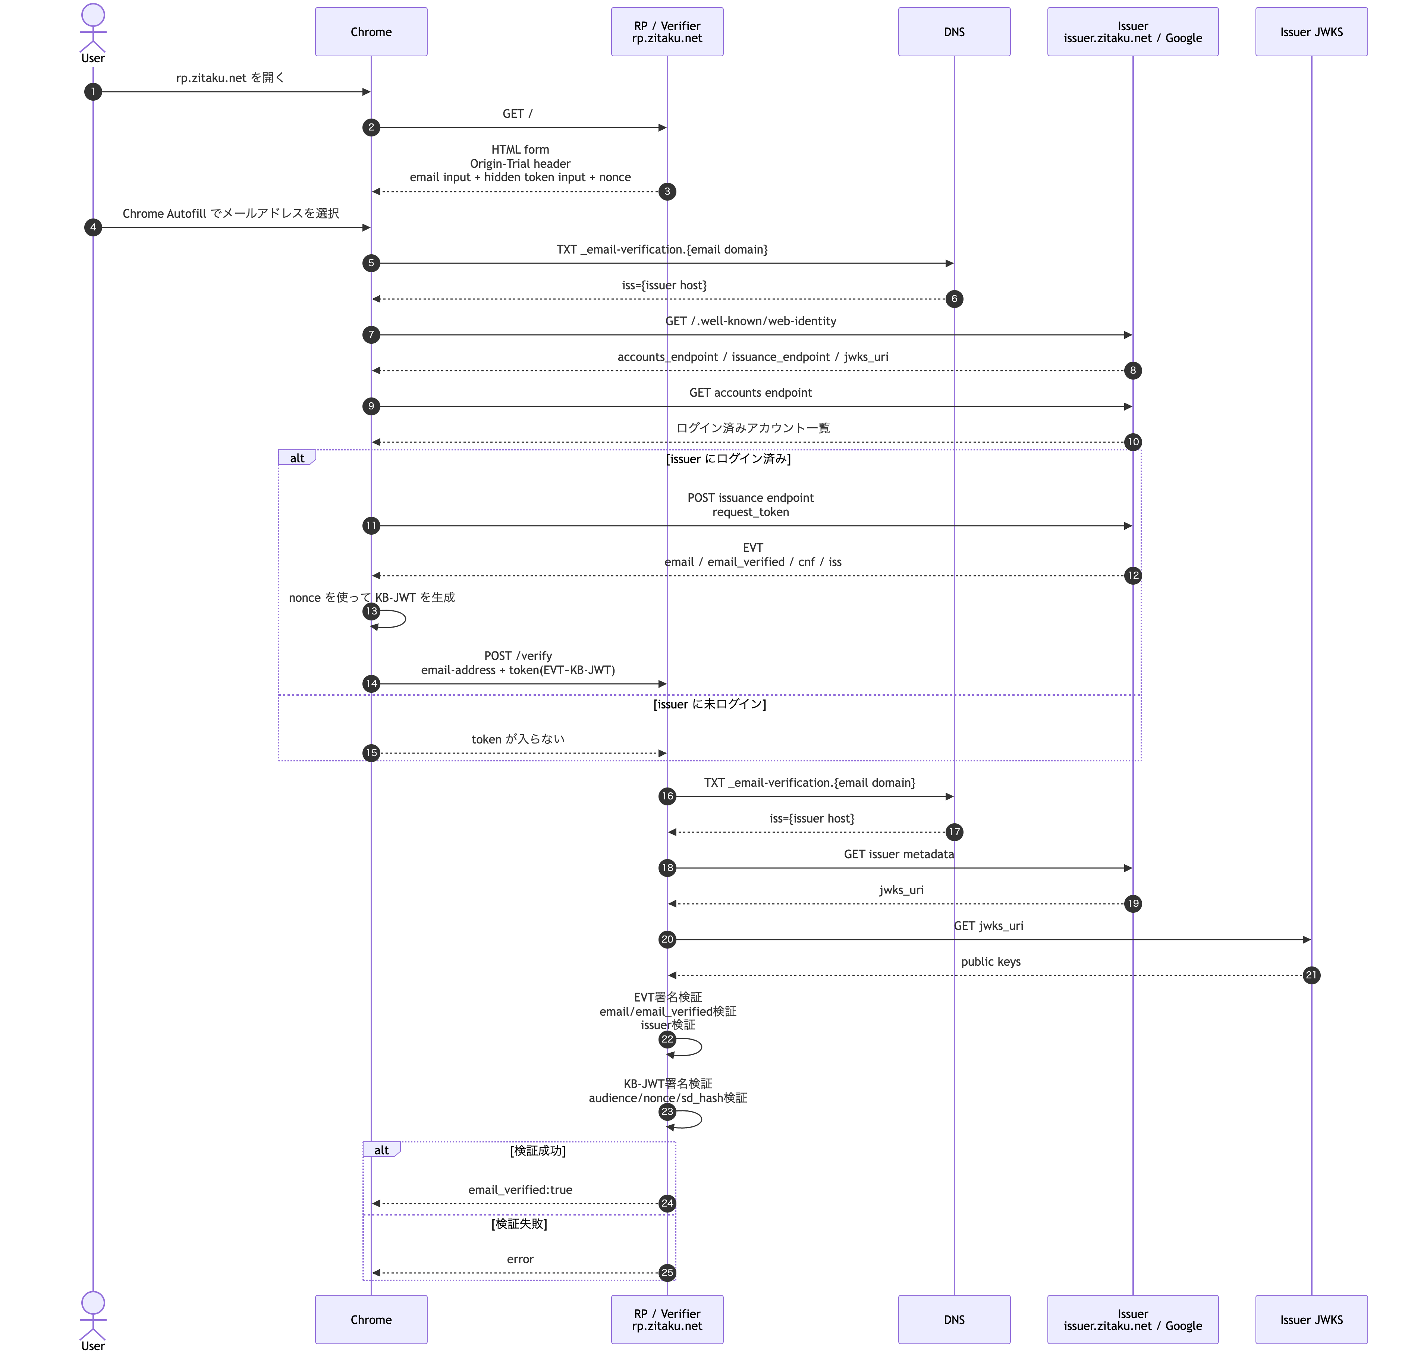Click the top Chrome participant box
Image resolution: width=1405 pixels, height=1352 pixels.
click(371, 32)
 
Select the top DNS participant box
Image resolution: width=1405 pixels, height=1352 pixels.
click(954, 32)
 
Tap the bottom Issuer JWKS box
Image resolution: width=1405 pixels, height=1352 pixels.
click(1311, 1319)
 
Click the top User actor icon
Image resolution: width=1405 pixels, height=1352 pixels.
click(93, 27)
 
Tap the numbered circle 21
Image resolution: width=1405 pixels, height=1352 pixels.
click(1311, 975)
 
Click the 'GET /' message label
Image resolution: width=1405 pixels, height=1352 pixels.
click(518, 114)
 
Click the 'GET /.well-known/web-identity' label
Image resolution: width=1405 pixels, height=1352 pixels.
click(751, 321)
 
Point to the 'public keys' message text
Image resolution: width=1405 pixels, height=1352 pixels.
click(991, 961)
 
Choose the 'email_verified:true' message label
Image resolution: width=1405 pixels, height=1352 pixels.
click(521, 1190)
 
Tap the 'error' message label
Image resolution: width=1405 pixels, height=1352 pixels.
click(521, 1260)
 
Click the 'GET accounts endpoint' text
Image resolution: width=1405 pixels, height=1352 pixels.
click(751, 393)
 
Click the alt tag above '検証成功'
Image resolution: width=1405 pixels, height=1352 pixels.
click(381, 1150)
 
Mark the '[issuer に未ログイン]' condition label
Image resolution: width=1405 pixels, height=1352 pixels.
click(710, 704)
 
